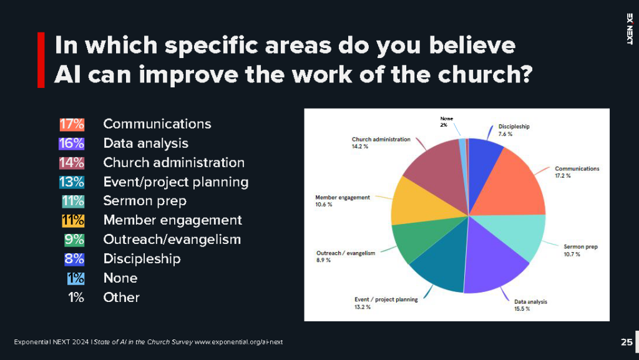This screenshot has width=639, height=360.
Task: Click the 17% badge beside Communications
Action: (72, 124)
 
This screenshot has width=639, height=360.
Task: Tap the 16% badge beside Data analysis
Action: (72, 144)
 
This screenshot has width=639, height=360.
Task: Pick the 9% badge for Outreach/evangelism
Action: (74, 240)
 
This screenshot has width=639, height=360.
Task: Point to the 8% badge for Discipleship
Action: (74, 259)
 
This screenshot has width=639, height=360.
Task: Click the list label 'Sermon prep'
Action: (145, 201)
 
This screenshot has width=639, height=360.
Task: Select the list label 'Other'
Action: (121, 297)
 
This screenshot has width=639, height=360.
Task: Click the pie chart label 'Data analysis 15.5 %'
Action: (530, 305)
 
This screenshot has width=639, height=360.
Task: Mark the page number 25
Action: (627, 342)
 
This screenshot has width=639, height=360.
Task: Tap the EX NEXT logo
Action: (628, 28)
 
